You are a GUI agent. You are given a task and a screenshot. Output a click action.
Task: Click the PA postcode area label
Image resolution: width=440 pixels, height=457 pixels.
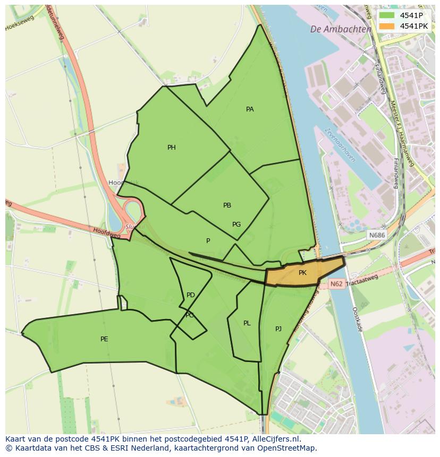click(250, 109)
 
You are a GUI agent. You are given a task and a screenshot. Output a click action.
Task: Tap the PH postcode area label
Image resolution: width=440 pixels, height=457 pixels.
click(171, 148)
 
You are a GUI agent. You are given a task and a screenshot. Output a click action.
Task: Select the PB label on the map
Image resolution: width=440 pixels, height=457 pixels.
click(227, 205)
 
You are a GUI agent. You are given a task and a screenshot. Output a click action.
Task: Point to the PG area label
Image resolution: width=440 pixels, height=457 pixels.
click(236, 225)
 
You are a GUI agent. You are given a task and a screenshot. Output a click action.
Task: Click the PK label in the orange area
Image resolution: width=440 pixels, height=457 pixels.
click(302, 273)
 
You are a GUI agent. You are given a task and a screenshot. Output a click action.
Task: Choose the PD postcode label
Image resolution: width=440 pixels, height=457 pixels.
click(191, 295)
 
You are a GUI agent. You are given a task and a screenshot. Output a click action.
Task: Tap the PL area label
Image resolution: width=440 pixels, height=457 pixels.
click(247, 323)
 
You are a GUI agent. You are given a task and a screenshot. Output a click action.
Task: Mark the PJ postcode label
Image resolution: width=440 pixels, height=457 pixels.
click(278, 329)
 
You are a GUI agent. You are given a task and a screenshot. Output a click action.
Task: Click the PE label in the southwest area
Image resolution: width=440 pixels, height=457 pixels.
click(104, 339)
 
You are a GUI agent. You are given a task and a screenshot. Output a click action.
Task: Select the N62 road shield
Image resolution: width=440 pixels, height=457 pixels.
click(336, 284)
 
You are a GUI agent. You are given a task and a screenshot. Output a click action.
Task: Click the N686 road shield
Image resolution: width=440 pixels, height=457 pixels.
click(377, 235)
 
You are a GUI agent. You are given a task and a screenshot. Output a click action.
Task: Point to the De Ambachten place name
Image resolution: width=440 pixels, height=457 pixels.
click(341, 30)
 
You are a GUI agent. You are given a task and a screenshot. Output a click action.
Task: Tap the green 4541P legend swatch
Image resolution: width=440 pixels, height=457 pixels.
click(386, 15)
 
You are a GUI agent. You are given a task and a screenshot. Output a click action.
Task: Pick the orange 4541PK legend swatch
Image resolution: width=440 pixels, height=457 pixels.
click(386, 26)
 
